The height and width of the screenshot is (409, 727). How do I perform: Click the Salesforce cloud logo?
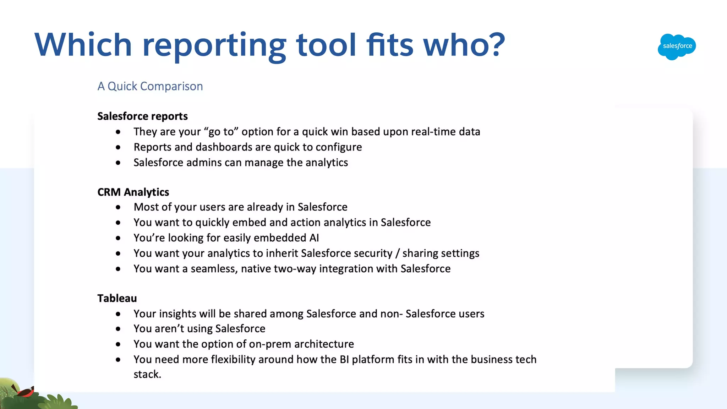(x=677, y=47)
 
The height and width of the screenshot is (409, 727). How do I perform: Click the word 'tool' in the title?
(x=326, y=45)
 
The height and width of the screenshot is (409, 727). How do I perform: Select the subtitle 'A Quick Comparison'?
(x=150, y=86)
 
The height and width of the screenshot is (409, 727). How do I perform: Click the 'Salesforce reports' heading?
(x=142, y=116)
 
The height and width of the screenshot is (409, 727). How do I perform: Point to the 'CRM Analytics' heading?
(x=133, y=192)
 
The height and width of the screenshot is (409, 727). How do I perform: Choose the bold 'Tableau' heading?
(x=117, y=298)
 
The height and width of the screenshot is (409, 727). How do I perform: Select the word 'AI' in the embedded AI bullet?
(x=314, y=238)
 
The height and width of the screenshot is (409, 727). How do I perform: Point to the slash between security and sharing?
(x=397, y=253)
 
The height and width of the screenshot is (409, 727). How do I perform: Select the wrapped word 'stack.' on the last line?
(x=147, y=375)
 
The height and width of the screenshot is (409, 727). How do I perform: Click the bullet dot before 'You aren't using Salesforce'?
(x=118, y=329)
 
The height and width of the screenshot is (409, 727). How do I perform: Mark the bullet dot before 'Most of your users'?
(x=118, y=207)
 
